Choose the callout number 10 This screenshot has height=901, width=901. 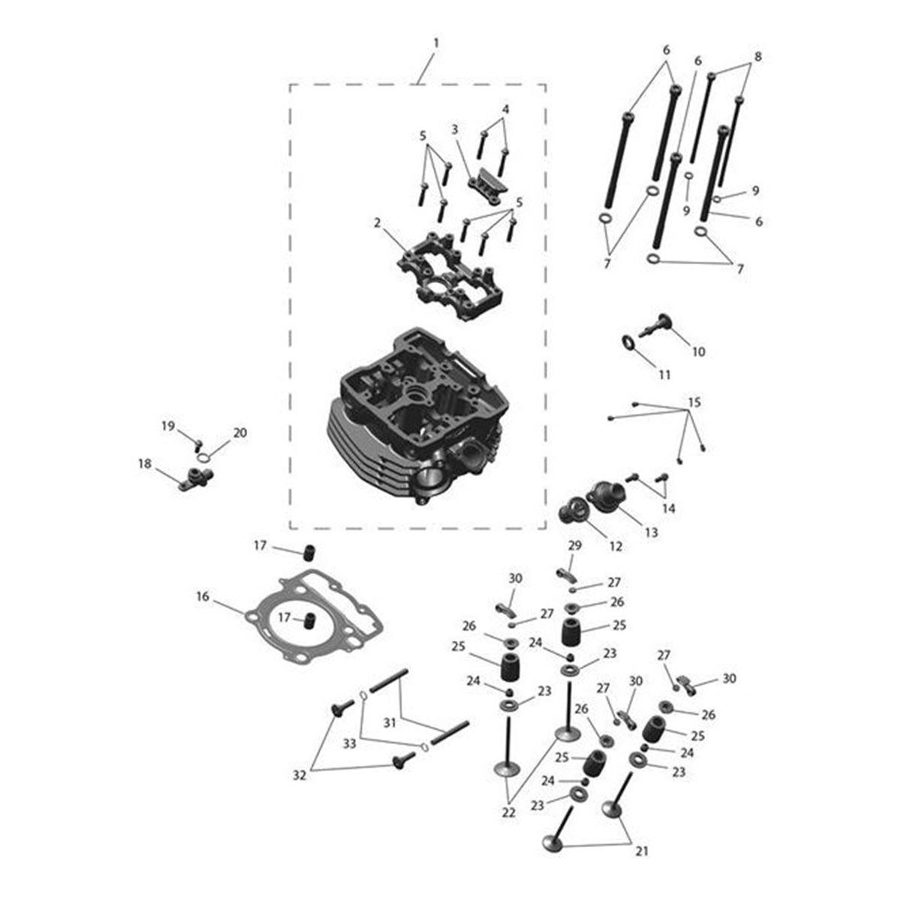[698, 351]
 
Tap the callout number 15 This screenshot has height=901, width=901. [695, 402]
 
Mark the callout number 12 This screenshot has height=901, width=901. [616, 547]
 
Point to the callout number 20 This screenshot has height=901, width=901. [240, 433]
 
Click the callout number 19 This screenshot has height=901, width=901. [167, 426]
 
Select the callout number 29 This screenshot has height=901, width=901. [574, 546]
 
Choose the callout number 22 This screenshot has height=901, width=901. [509, 812]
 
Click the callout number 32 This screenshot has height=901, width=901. [300, 776]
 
